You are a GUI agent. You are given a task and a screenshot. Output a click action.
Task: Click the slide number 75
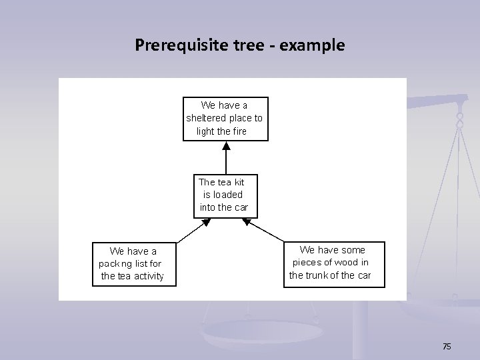click(x=447, y=346)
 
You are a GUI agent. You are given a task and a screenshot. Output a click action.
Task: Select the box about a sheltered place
click(x=225, y=119)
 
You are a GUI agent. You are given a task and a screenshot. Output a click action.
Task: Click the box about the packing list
click(x=133, y=264)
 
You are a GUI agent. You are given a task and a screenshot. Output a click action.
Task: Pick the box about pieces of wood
click(x=334, y=264)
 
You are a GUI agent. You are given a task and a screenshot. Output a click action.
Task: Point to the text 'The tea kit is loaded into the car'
click(x=223, y=195)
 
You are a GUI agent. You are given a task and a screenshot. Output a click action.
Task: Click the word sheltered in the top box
click(x=207, y=118)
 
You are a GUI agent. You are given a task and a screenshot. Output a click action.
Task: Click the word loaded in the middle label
click(x=228, y=195)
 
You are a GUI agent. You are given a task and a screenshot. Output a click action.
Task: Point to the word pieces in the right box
click(x=307, y=263)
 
